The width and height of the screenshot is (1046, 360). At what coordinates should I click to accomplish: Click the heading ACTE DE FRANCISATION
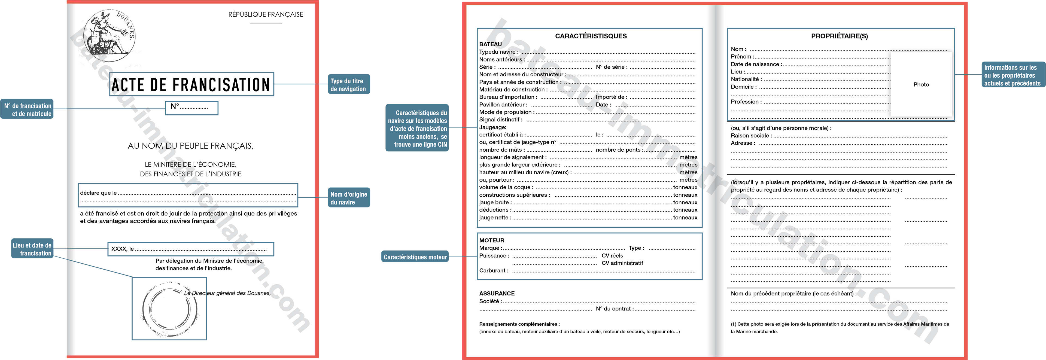click(x=191, y=84)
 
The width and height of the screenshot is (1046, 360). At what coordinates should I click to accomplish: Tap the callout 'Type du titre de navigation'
click(x=348, y=84)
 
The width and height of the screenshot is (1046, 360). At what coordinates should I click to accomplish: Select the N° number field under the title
click(x=192, y=108)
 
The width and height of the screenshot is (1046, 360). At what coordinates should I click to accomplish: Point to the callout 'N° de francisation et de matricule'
click(x=27, y=109)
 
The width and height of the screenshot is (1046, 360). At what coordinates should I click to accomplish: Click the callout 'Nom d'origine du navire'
click(x=348, y=198)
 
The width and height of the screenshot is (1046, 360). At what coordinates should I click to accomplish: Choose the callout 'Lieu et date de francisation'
click(x=32, y=249)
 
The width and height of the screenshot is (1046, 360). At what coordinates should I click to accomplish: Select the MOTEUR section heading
click(x=491, y=240)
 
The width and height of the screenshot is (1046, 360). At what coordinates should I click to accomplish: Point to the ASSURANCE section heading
click(x=497, y=293)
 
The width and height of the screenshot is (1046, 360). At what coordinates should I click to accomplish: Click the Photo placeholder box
click(x=921, y=84)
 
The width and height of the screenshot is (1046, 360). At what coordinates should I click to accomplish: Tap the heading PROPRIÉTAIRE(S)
click(x=839, y=36)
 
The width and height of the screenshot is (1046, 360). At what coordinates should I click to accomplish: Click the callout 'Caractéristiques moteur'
click(x=415, y=257)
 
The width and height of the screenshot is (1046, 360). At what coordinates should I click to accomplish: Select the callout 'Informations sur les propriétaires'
click(x=1012, y=75)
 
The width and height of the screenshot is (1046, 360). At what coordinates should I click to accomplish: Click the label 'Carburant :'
click(x=493, y=270)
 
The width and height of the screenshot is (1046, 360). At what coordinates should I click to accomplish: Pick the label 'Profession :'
click(x=746, y=102)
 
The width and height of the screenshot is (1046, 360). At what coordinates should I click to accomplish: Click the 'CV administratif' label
click(x=622, y=263)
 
